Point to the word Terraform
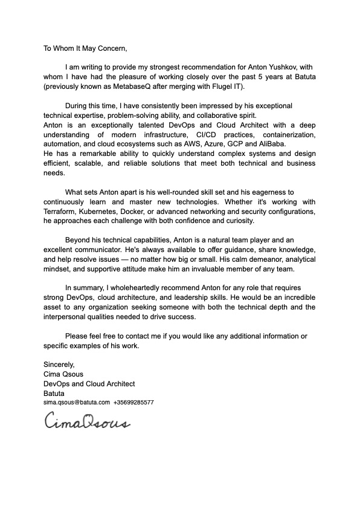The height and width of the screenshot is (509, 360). tap(59, 212)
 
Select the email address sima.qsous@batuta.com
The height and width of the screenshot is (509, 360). tap(76, 402)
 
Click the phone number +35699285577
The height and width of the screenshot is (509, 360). tap(133, 402)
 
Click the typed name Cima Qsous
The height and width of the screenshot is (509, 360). tap(63, 374)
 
